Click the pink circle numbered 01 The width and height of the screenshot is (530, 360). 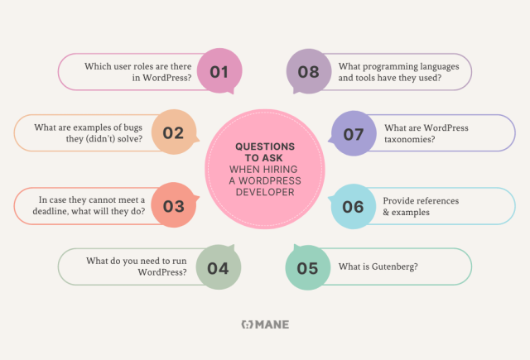coord(219,72)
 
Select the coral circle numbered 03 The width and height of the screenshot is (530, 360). coord(173,206)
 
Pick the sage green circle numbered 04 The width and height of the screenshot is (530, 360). coord(218,267)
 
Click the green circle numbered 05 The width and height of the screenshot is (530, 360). coord(307,267)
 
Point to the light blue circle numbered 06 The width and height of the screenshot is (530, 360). coord(353,206)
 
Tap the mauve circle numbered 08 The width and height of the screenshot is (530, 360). coord(308,72)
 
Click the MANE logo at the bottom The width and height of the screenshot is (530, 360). coord(264,325)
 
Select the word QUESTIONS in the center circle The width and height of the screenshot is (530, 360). coord(264,146)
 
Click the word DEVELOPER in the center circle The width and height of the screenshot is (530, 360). coord(264,193)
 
